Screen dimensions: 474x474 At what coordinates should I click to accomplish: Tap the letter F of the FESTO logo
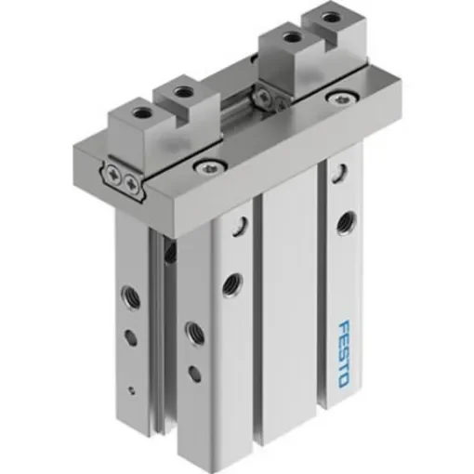[343, 327]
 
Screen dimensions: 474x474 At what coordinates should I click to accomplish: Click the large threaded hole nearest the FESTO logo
[347, 221]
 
